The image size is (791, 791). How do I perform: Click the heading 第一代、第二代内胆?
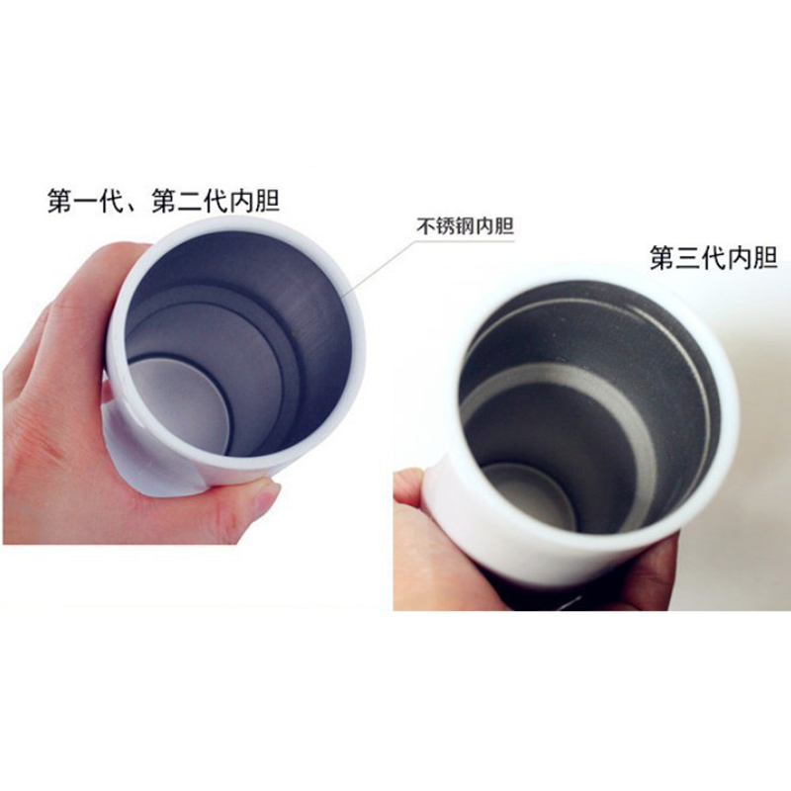coord(163,202)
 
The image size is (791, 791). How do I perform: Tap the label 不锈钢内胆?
coord(465,226)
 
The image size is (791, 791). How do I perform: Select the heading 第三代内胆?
coord(713,258)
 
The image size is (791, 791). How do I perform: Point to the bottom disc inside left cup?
coord(178,404)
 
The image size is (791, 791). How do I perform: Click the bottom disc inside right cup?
coord(527,497)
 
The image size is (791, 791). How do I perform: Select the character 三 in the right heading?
coord(688,258)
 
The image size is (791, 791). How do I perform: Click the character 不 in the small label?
coord(426,226)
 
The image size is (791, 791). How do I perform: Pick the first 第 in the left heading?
coord(60,202)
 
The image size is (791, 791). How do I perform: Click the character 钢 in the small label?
coord(464,226)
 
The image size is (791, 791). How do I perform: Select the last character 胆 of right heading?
coord(764,258)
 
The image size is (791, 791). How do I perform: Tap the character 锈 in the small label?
coord(445,226)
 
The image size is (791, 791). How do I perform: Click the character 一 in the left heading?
coord(86,202)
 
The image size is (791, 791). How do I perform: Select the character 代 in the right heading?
coord(714,258)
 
